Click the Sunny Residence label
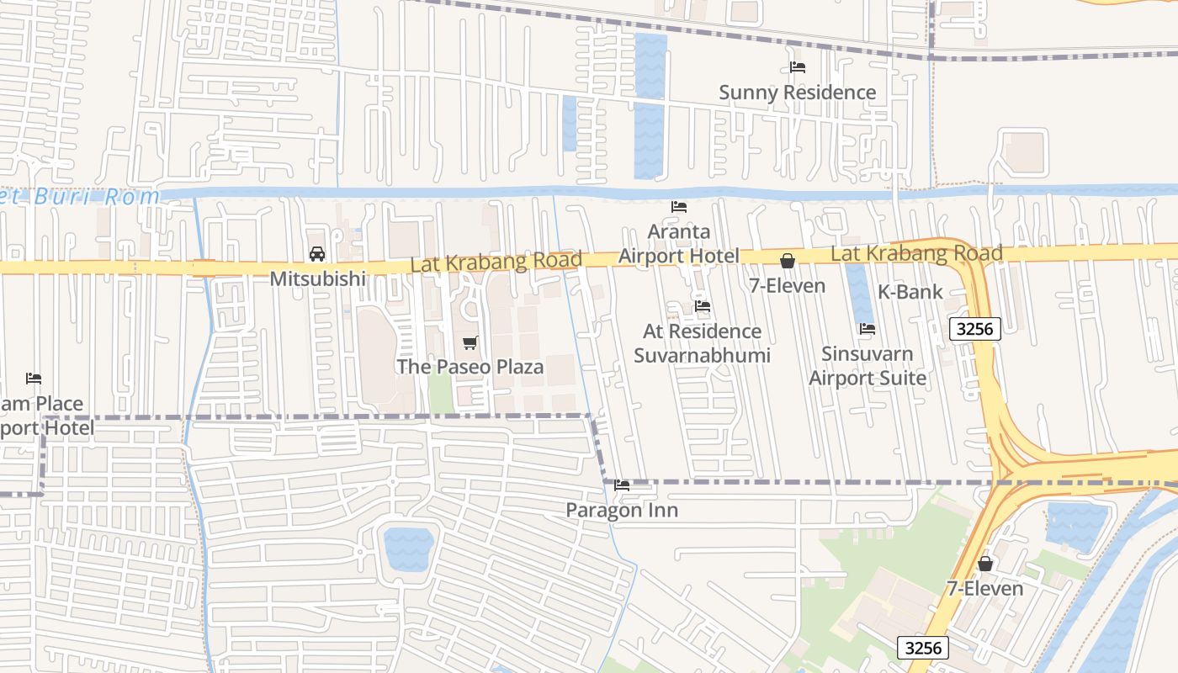(797, 93)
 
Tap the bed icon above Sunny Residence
(797, 67)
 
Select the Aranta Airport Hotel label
(679, 243)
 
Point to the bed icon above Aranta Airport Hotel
(679, 206)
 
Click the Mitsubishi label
(317, 278)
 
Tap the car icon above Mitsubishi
(317, 253)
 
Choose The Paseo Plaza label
(470, 367)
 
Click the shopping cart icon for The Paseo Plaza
(470, 342)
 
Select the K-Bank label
(910, 292)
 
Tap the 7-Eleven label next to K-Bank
(788, 286)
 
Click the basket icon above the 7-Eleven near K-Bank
(788, 261)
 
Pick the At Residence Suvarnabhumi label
(702, 343)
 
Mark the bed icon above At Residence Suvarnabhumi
(702, 306)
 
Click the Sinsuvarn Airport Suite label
(868, 366)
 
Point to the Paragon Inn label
(622, 511)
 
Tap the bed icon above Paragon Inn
(622, 485)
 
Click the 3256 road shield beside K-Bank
(974, 329)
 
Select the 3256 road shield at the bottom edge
(923, 648)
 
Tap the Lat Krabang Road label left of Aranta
(496, 262)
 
